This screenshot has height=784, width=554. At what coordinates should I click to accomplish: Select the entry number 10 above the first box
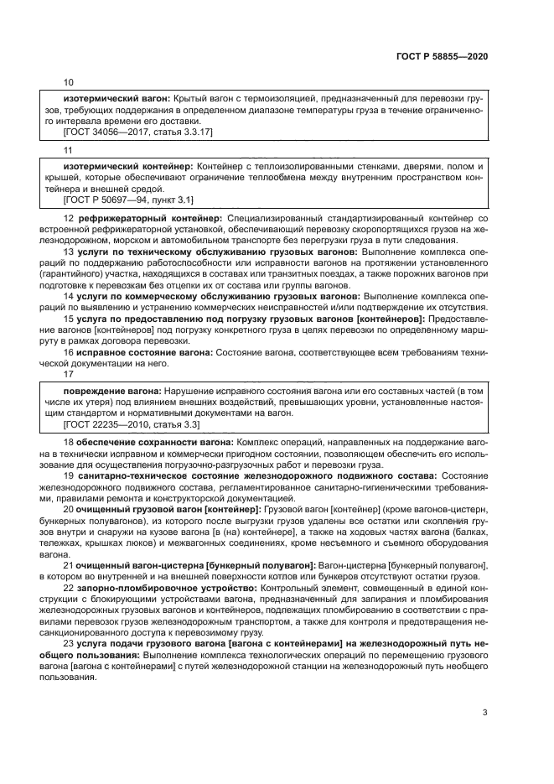[x=69, y=82]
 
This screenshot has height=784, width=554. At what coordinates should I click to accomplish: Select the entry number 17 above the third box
[x=69, y=374]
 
